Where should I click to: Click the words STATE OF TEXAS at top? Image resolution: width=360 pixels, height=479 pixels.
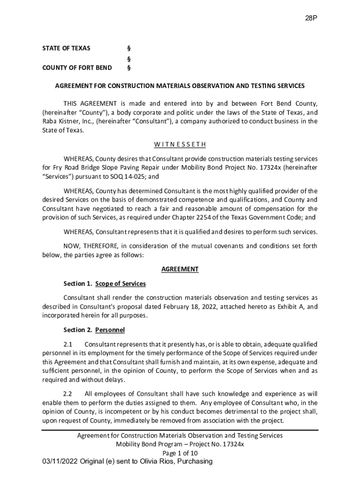(x=66, y=48)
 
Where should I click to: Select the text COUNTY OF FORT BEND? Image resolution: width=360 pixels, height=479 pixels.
(x=77, y=68)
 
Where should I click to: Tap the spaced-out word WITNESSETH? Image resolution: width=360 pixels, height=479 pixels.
(x=180, y=144)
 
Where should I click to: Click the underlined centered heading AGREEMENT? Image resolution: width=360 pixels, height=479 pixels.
(x=180, y=269)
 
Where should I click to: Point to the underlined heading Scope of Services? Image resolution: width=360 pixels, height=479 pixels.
(x=121, y=284)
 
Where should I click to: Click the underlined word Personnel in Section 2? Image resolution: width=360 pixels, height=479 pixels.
(x=110, y=330)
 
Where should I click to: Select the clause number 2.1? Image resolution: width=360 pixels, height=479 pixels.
(x=68, y=345)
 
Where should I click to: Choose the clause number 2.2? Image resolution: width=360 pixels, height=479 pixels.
(x=68, y=393)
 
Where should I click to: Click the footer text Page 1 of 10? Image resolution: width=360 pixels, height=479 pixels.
(x=180, y=453)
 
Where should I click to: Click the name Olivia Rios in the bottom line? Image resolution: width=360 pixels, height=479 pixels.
(x=157, y=462)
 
